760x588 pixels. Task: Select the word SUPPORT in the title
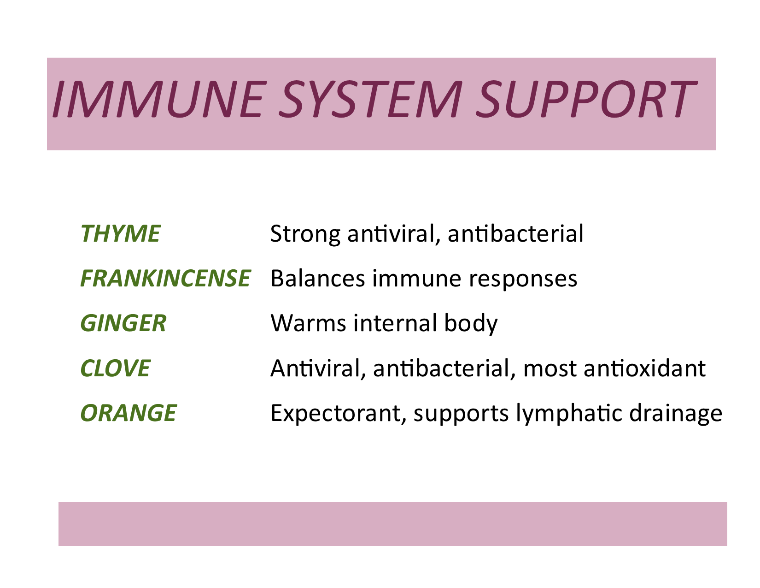[x=586, y=99]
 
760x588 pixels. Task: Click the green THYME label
[x=120, y=234]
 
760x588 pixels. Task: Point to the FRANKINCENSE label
[x=165, y=279]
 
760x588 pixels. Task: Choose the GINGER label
[x=123, y=323]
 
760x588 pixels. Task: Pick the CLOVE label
[x=116, y=368]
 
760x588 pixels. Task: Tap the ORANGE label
[x=129, y=413]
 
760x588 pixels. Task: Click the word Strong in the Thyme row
[x=305, y=234]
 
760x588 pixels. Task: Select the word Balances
[x=318, y=279]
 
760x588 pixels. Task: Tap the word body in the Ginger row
[x=471, y=324]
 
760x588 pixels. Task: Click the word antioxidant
[x=644, y=368]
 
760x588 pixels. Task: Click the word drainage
[x=676, y=414]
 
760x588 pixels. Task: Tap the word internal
[x=395, y=323]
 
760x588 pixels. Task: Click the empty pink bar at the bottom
[x=393, y=524]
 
